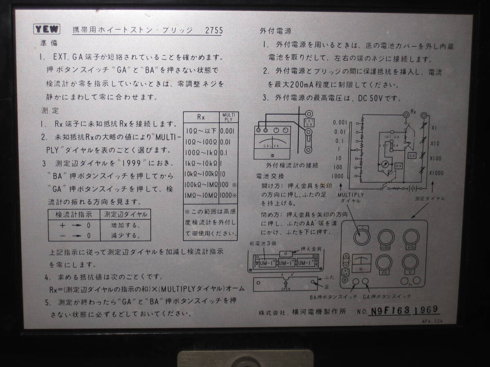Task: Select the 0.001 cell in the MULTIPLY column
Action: pyautogui.click(x=227, y=131)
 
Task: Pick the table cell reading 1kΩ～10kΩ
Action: pyautogui.click(x=201, y=163)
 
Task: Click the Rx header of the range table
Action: pyautogui.click(x=201, y=117)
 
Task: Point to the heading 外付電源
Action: pyautogui.click(x=275, y=31)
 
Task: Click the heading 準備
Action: pyautogui.click(x=49, y=42)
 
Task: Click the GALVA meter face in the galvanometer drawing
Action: pyautogui.click(x=271, y=146)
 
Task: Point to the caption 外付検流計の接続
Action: pyautogui.click(x=292, y=166)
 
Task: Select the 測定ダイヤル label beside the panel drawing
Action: pyautogui.click(x=430, y=199)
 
